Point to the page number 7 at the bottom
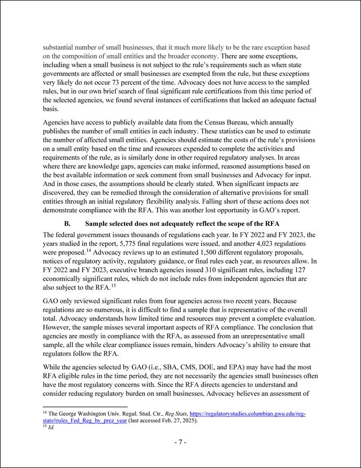tap(180, 442)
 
